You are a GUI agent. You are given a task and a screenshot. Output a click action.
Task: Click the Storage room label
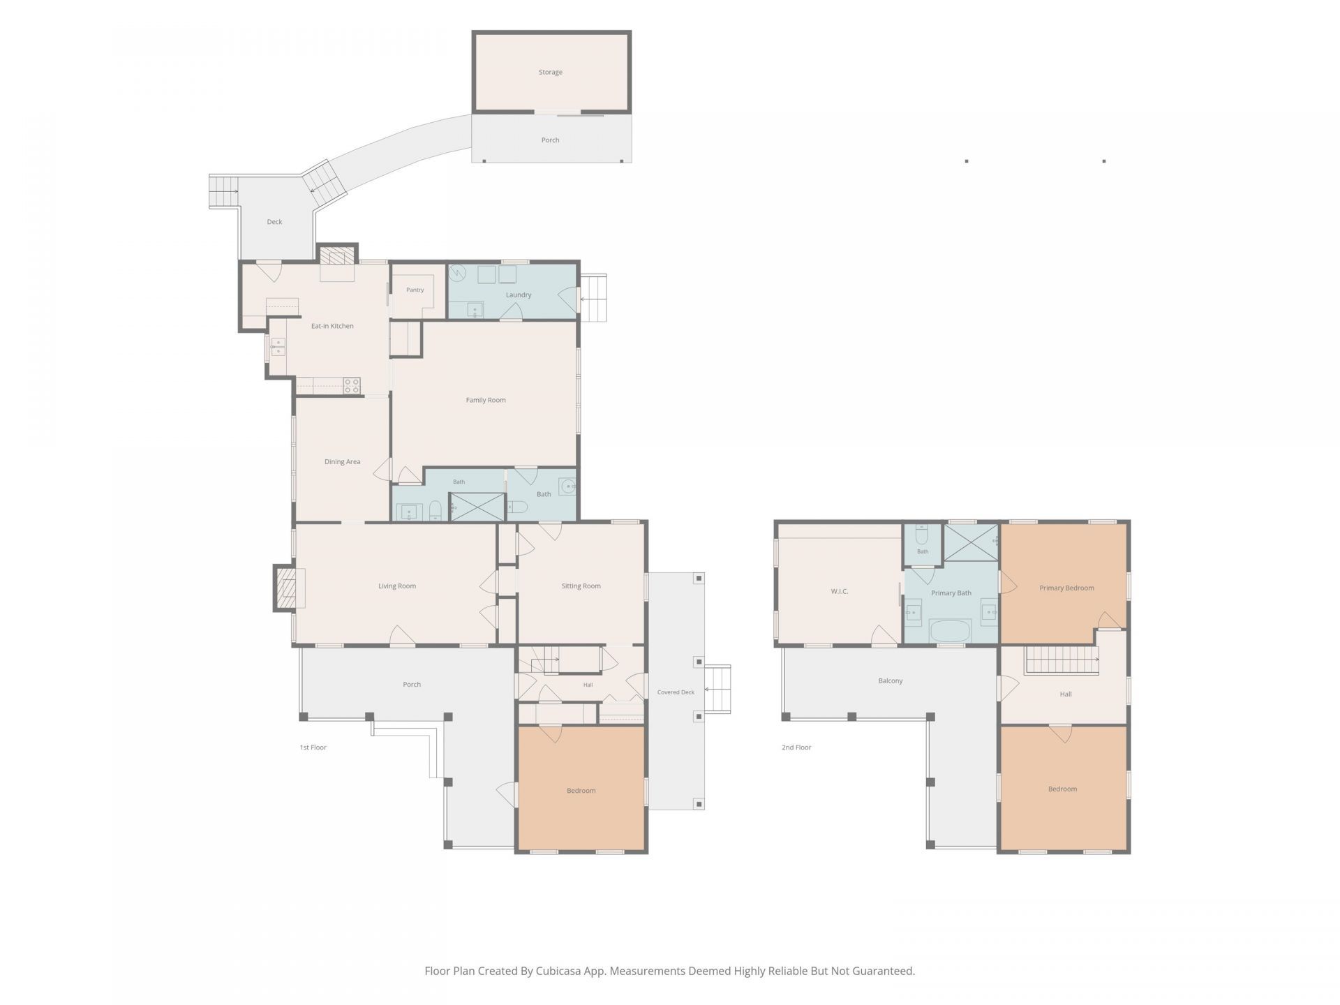click(x=550, y=72)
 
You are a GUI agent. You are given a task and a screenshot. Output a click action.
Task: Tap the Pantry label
click(x=415, y=290)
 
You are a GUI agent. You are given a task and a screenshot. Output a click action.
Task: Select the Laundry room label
click(x=519, y=295)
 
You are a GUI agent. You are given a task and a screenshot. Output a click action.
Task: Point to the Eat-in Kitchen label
click(x=332, y=326)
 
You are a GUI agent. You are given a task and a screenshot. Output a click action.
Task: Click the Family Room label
click(x=486, y=400)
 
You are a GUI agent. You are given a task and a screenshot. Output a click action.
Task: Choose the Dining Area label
click(x=342, y=461)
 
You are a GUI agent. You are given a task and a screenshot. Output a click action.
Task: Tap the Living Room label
click(x=397, y=586)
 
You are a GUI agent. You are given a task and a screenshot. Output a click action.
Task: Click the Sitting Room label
click(x=581, y=586)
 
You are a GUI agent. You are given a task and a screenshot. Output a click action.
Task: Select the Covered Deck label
click(x=676, y=692)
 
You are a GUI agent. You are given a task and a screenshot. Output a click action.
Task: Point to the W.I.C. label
click(x=839, y=591)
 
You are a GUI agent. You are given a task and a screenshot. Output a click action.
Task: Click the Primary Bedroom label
click(x=1066, y=588)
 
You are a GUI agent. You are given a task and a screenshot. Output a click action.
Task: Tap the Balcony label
click(x=891, y=680)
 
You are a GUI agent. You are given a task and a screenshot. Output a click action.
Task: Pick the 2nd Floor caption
click(x=796, y=747)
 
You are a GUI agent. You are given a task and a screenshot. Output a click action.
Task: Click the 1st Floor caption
click(x=313, y=747)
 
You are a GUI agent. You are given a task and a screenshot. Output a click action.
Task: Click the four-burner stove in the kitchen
click(x=352, y=386)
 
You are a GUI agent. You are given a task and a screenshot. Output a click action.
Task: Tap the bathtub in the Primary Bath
click(x=950, y=631)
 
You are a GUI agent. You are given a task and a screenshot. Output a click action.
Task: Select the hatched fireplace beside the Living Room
click(x=286, y=588)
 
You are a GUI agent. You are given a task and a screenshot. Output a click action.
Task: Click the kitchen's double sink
click(x=278, y=347)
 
